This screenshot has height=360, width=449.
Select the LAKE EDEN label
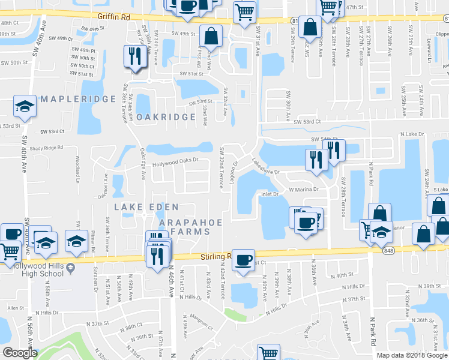coord(138,207)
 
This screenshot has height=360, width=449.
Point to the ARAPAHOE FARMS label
coord(190,227)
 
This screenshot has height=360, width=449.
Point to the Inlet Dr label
coord(269,194)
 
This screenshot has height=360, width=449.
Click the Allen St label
coord(14,308)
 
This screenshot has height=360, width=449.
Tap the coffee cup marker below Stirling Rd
coord(243,260)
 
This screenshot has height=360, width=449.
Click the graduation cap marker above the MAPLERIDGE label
coord(25,107)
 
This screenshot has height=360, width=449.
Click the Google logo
coord(20,353)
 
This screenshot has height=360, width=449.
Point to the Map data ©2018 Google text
coord(411,355)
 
